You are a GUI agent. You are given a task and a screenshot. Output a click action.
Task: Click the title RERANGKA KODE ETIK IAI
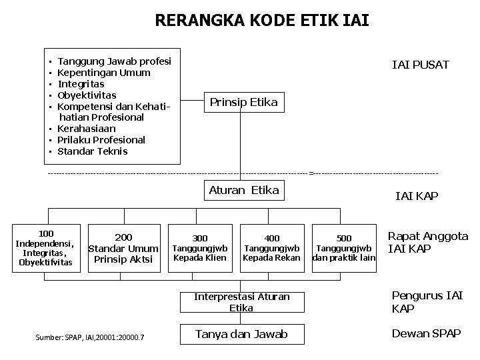[x=262, y=21]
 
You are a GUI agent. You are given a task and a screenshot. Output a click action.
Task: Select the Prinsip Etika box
[x=243, y=102]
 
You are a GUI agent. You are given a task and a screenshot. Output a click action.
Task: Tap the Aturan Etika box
[x=243, y=190]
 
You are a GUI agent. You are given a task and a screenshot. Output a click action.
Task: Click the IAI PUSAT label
[x=421, y=65]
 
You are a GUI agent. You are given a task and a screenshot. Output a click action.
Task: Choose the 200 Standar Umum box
[x=123, y=248]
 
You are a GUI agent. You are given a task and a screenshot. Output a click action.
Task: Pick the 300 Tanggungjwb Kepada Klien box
[x=200, y=248]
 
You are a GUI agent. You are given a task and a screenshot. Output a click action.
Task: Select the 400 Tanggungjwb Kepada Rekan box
[x=272, y=248]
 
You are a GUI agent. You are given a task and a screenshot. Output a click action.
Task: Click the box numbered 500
[x=343, y=248]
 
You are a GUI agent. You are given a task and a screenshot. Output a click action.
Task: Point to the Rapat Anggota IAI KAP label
[x=427, y=243]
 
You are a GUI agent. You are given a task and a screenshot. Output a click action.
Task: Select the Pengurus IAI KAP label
[x=427, y=302]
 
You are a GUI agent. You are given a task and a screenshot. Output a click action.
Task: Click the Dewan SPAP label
[x=427, y=333]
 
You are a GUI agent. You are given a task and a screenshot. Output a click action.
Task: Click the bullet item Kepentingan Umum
[x=104, y=73]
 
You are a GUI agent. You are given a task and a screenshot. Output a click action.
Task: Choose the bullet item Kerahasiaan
[x=87, y=129]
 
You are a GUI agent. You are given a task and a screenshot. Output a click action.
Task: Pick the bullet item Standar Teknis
[x=93, y=151]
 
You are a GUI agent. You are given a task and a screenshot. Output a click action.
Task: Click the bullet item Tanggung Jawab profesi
[x=114, y=61]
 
